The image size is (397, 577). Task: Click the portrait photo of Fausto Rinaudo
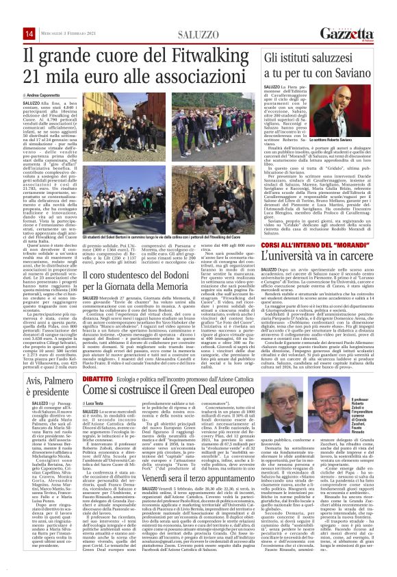coord(360,413)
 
